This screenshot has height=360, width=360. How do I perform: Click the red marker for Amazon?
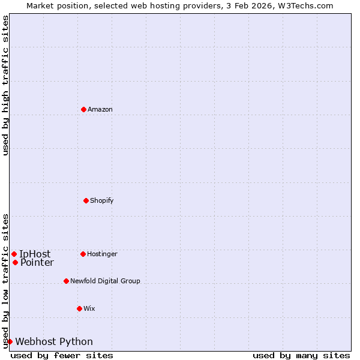click(84, 109)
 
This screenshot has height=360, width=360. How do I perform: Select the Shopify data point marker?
click(86, 200)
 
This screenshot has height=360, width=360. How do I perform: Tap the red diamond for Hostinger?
click(83, 254)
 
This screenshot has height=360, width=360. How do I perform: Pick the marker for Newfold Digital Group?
click(67, 281)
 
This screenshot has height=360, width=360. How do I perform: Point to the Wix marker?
click(79, 308)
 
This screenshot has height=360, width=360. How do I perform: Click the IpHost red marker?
click(14, 254)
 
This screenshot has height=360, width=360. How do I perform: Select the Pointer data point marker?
click(15, 262)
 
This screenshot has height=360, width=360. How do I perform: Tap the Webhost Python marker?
click(10, 341)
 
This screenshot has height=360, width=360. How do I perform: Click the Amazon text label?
click(100, 109)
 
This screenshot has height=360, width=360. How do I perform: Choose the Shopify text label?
click(102, 200)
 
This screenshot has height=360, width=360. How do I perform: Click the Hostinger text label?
click(102, 254)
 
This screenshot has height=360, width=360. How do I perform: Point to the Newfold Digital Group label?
click(105, 281)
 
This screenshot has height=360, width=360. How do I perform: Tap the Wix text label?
click(89, 308)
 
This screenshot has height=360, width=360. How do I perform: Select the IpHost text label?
click(35, 254)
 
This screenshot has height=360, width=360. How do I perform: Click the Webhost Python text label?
click(54, 341)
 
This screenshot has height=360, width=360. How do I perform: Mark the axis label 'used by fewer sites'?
click(62, 355)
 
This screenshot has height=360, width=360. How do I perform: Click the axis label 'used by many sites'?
click(301, 355)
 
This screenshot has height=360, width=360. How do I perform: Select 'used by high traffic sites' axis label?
click(5, 85)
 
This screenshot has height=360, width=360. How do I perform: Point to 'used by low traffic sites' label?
click(5, 281)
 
